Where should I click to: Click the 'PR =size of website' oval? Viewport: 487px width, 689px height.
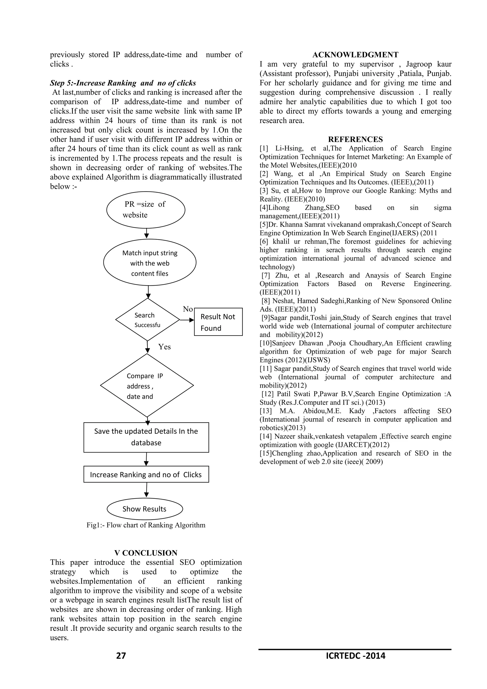146,210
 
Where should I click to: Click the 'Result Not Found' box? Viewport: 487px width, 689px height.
218,322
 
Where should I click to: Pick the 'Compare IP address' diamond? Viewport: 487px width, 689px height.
147,386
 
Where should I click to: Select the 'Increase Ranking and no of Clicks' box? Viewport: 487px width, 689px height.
146,474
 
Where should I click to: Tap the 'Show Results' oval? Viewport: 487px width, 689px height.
145,509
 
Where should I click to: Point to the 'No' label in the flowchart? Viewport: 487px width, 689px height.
188,309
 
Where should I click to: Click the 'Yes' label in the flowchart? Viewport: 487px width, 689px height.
164,347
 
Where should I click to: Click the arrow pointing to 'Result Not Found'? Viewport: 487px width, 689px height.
187,320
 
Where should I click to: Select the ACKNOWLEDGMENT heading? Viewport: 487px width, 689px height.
355,55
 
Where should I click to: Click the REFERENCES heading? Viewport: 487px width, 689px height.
355,140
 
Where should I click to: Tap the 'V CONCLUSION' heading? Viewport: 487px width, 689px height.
146,553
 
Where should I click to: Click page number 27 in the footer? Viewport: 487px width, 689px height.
121,656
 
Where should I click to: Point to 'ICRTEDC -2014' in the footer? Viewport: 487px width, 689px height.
355,656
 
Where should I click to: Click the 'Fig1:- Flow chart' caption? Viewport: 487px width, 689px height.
146,525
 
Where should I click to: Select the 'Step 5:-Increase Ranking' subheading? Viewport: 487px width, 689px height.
123,83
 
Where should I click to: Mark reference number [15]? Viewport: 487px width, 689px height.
266,453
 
